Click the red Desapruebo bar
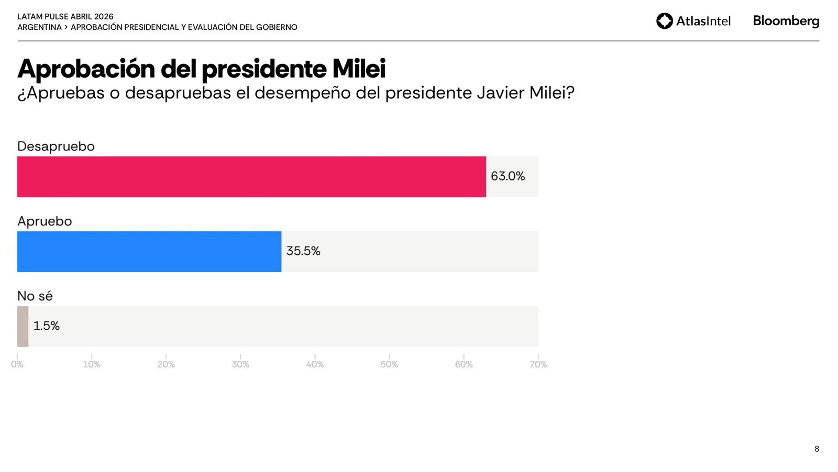pos(251,177)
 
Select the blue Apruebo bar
pos(149,252)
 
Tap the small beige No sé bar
pos(23,326)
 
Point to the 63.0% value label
pos(508,176)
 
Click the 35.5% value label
pos(303,251)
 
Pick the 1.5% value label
pos(47,326)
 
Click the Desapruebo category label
pos(56,146)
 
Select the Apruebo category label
pos(45,221)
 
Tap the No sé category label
pos(35,296)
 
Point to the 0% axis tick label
pos(17,364)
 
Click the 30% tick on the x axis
pos(240,364)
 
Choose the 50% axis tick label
pos(389,364)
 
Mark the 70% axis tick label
pos(538,364)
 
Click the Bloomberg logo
pos(786,21)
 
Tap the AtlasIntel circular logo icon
pos(665,21)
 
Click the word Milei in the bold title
pos(359,69)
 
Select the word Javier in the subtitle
pos(500,93)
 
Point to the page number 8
pos(817,449)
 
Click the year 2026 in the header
pos(104,17)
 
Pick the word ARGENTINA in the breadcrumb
pos(39,27)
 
